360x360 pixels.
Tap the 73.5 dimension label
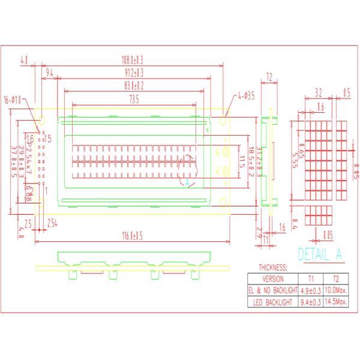click(133, 99)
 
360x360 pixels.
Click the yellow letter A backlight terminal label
click(218, 152)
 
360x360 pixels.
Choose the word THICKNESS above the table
click(273, 268)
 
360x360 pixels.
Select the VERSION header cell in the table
click(273, 279)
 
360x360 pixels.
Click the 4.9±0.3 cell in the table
click(310, 290)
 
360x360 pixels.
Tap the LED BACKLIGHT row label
click(273, 302)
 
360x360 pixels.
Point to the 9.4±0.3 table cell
click(310, 302)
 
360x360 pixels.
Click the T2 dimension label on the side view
click(269, 77)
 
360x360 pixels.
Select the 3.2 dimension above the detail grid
click(319, 93)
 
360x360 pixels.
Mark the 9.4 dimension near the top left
click(50, 73)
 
